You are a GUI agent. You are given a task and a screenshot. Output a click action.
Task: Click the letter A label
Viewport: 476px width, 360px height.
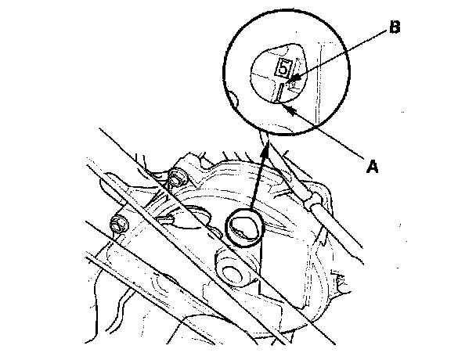pos(374,165)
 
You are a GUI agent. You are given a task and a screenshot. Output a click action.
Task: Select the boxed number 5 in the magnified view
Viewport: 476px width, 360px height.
pos(283,67)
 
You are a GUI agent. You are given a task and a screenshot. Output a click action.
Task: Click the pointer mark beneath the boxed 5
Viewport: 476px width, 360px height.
pos(279,92)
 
